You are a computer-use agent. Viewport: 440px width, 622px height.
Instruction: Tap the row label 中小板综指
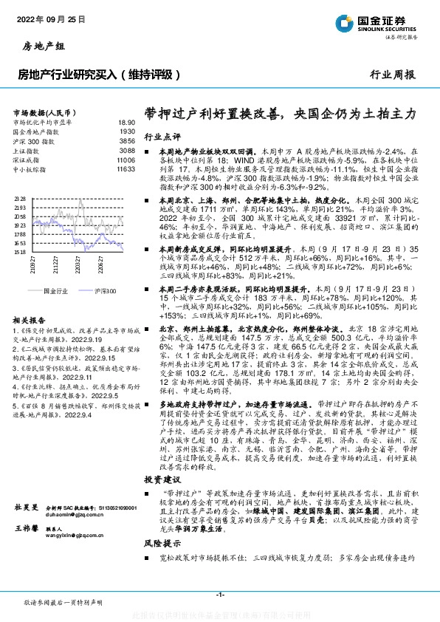tap(30, 169)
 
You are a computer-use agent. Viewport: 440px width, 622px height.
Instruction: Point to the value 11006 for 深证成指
tap(126, 160)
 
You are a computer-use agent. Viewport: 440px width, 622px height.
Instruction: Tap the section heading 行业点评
tap(162, 137)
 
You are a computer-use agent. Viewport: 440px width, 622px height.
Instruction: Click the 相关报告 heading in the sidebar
tap(30, 320)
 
